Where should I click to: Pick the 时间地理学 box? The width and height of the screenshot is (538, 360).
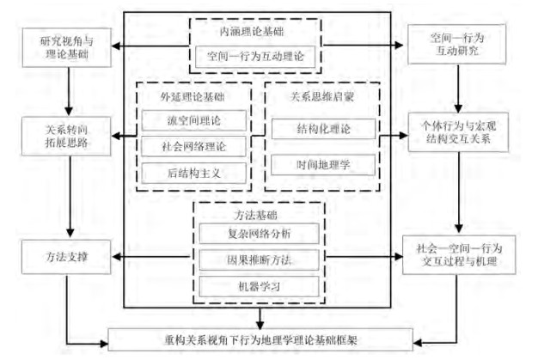click(x=323, y=162)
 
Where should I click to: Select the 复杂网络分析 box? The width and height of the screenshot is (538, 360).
click(x=259, y=233)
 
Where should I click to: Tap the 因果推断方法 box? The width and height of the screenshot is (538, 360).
click(x=259, y=258)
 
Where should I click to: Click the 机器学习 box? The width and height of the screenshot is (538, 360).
click(x=259, y=284)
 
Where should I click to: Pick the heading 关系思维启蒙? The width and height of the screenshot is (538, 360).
click(x=323, y=95)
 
